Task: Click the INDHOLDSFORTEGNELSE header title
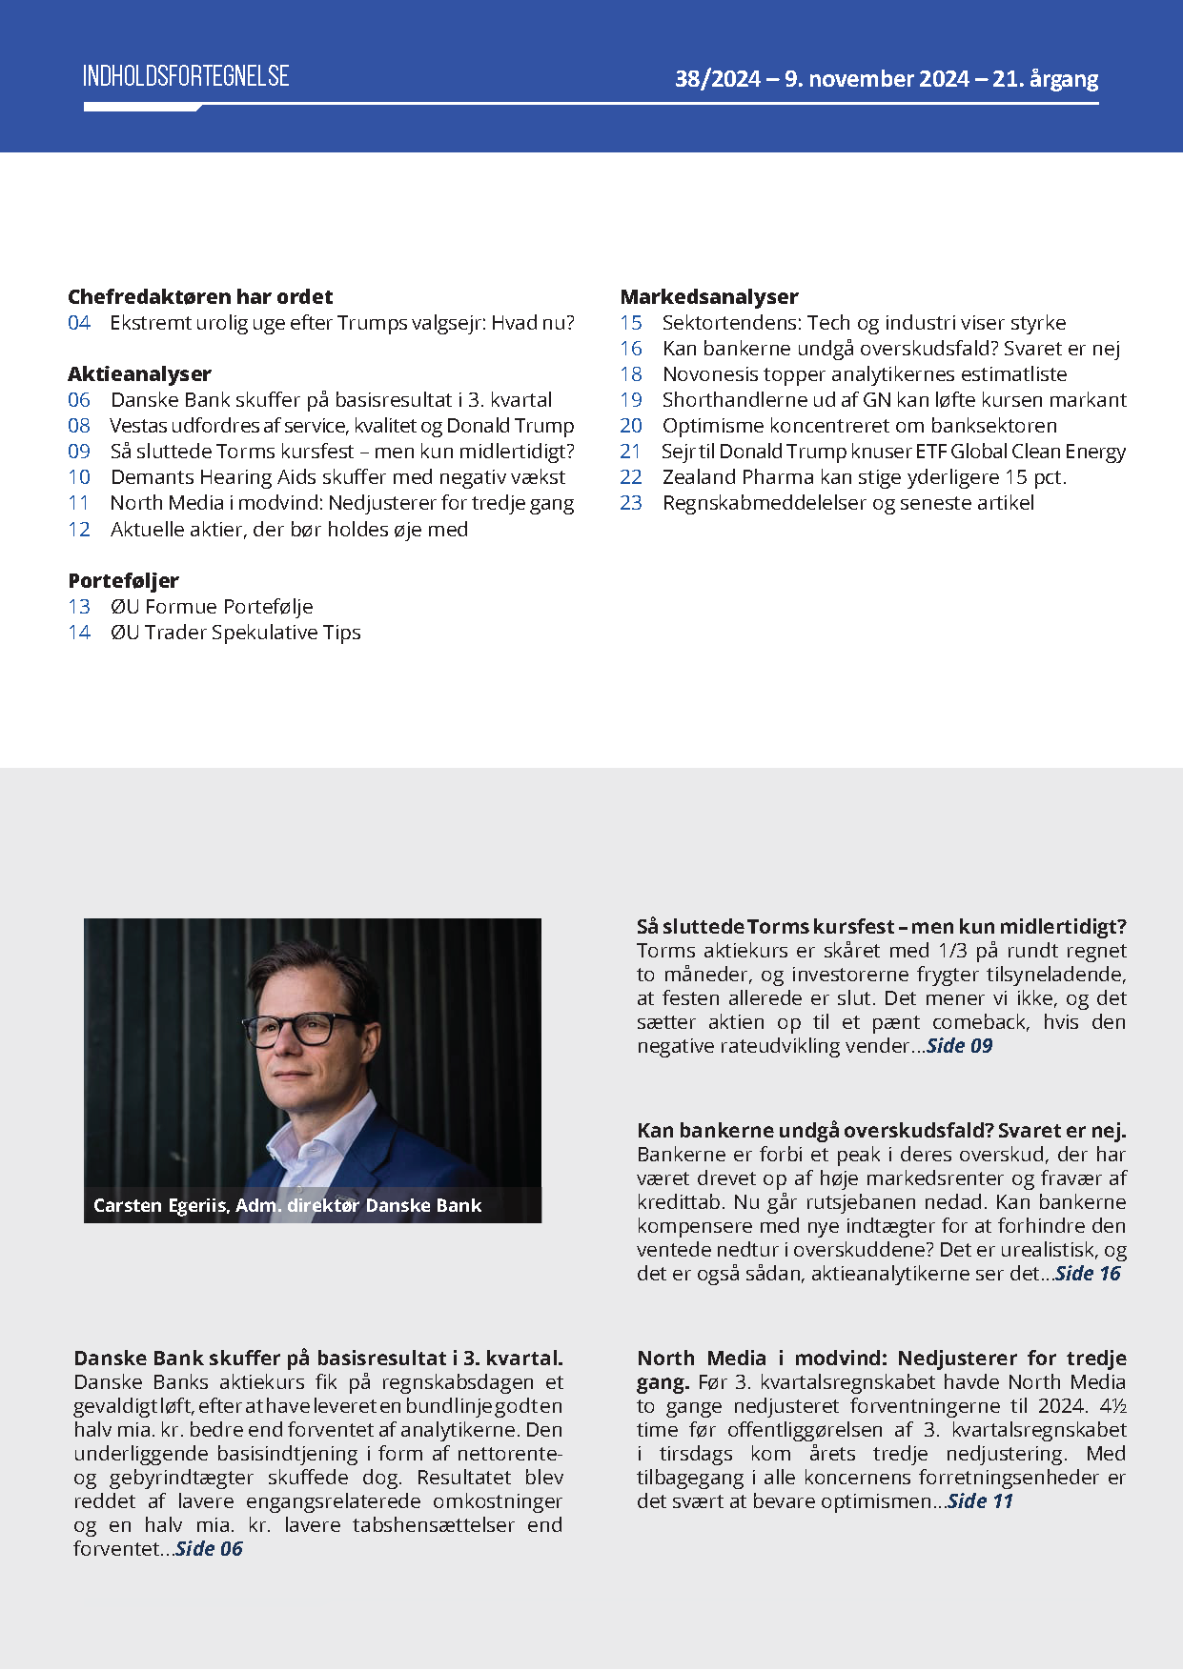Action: [x=186, y=76]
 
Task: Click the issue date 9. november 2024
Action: [x=876, y=79]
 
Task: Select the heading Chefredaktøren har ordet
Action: [x=200, y=297]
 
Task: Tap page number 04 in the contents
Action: [x=79, y=323]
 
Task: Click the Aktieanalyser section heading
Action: [x=139, y=374]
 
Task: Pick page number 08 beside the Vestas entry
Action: [x=79, y=426]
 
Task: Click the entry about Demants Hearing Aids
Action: [x=337, y=477]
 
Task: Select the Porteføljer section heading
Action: [x=123, y=581]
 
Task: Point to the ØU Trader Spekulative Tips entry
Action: [x=235, y=633]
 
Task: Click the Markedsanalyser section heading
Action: [x=709, y=297]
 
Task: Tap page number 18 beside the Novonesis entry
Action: [x=631, y=374]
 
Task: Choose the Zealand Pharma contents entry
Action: [x=864, y=477]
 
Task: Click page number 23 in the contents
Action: [x=631, y=503]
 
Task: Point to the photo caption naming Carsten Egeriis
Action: [x=287, y=1206]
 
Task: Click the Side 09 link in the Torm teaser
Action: [x=960, y=1046]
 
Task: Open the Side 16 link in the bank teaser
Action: [x=1088, y=1274]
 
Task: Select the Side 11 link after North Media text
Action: [x=980, y=1501]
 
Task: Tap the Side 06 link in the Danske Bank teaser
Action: [x=210, y=1549]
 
